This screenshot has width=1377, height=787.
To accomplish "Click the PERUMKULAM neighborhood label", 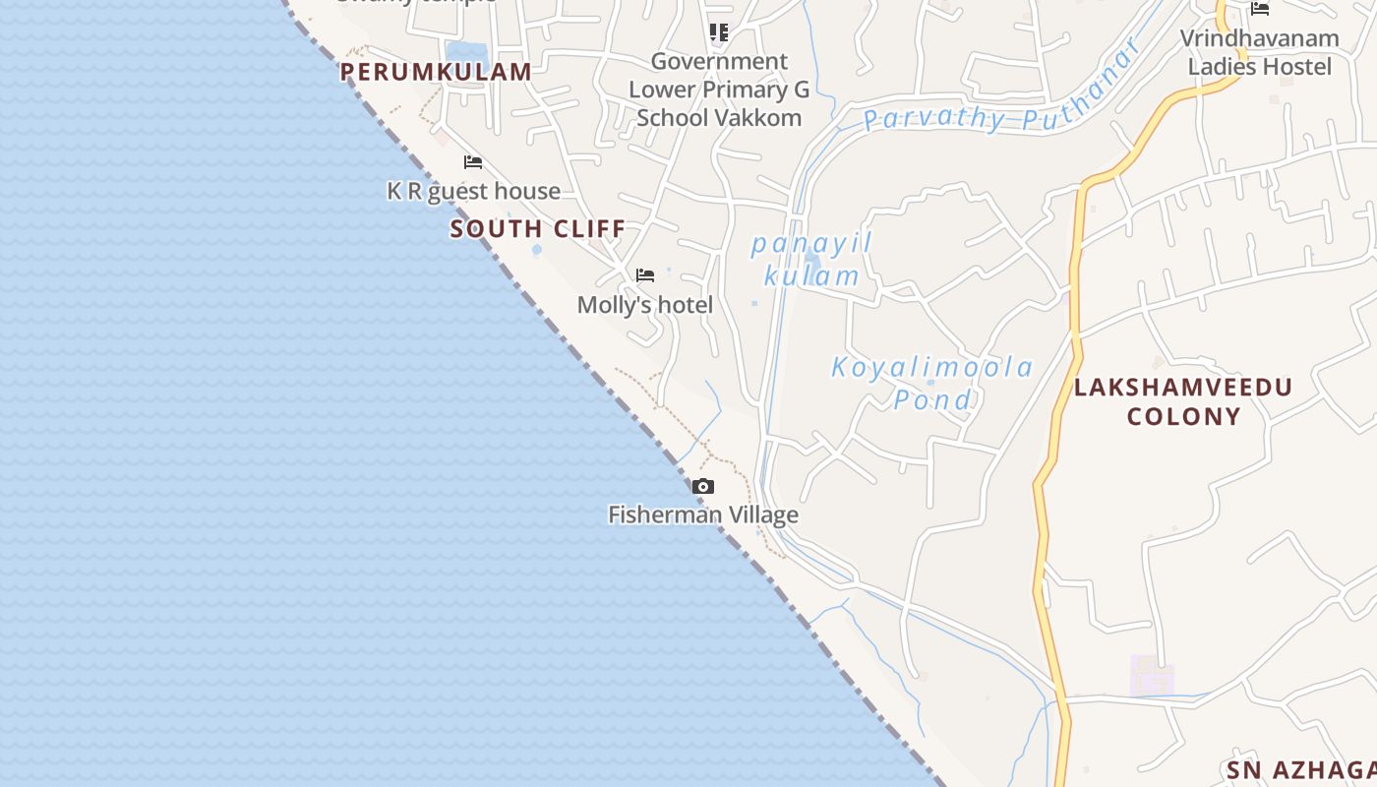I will tap(436, 72).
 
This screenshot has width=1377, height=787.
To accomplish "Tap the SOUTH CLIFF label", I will tap(537, 229).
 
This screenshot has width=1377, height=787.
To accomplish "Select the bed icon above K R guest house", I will tap(473, 162).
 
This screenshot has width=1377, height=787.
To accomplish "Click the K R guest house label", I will tap(473, 191).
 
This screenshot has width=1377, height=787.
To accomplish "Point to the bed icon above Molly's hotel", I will tap(645, 275).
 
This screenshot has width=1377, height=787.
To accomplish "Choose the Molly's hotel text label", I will tap(644, 305).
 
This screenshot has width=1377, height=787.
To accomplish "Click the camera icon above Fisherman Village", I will tap(702, 486).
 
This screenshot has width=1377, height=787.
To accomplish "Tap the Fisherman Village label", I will tap(702, 515).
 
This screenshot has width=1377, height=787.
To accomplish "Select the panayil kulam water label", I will tap(811, 260).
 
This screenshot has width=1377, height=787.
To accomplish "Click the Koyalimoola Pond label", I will tap(932, 384).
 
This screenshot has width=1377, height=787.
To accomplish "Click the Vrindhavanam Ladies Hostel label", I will tap(1259, 52).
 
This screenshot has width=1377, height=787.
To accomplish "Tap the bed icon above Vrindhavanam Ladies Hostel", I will tap(1260, 9).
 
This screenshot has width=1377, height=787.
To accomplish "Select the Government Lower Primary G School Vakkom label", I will tap(719, 90).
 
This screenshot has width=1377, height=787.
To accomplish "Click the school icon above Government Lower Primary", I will tap(719, 32).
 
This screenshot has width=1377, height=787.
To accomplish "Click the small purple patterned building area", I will tap(1152, 675).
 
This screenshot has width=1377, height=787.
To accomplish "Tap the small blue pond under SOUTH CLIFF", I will tap(536, 250).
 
